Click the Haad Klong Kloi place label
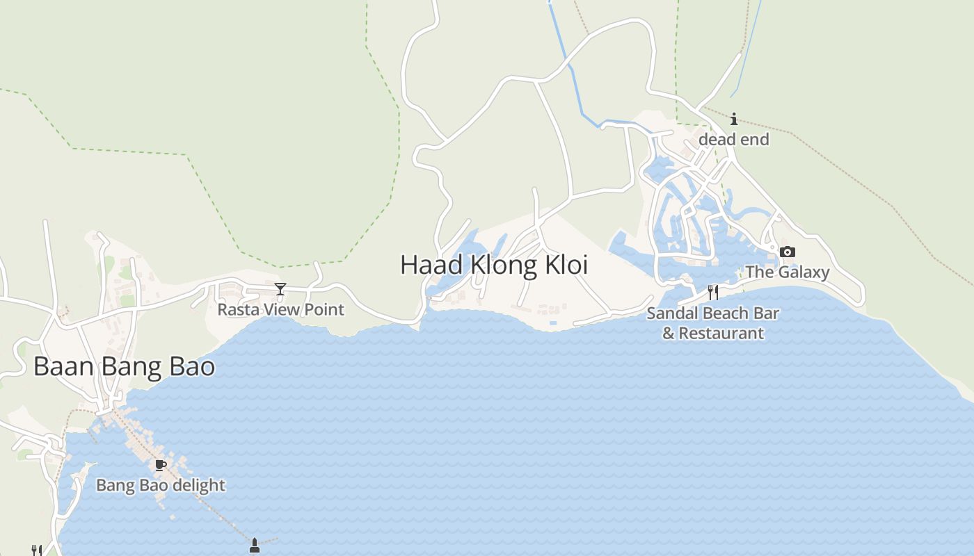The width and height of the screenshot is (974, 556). (494, 265)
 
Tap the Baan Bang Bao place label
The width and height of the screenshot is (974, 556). (124, 366)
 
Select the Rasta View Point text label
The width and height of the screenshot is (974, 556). (280, 309)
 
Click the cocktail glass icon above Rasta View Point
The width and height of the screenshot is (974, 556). (280, 289)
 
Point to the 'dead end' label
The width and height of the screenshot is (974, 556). (733, 139)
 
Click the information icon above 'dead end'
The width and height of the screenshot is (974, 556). (733, 120)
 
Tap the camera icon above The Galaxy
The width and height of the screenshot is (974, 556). (787, 252)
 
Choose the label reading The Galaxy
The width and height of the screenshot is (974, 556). (787, 272)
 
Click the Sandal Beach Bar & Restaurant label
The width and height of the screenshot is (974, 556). (712, 322)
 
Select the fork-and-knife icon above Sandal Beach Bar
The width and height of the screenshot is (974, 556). (712, 292)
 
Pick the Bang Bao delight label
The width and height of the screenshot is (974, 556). (160, 485)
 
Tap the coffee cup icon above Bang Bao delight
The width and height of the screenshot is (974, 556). (160, 465)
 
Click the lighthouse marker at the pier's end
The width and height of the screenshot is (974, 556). (254, 546)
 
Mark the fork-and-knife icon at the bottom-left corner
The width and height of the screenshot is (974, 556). (36, 550)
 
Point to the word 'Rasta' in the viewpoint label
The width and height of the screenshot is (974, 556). (235, 309)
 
